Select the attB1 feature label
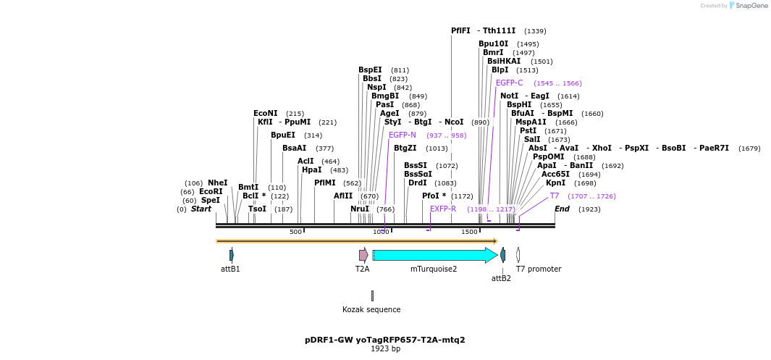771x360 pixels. pyautogui.click(x=230, y=269)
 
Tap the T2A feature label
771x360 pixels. pyautogui.click(x=362, y=269)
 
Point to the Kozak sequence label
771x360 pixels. pyautogui.click(x=371, y=309)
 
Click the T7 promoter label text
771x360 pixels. pyautogui.click(x=538, y=269)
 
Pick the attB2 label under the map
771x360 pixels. pyautogui.click(x=501, y=278)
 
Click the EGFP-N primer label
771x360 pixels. pyautogui.click(x=402, y=135)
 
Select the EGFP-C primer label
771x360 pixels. pyautogui.click(x=509, y=83)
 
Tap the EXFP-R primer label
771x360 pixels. pyautogui.click(x=443, y=209)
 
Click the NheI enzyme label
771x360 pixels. pyautogui.click(x=217, y=183)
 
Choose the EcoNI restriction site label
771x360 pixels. pyautogui.click(x=265, y=113)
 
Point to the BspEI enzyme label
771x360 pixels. pyautogui.click(x=370, y=70)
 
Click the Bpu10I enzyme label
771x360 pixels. pyautogui.click(x=493, y=43)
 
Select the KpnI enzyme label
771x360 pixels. pyautogui.click(x=555, y=183)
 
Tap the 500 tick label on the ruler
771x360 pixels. pyautogui.click(x=295, y=232)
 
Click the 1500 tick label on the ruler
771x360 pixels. pyautogui.click(x=469, y=232)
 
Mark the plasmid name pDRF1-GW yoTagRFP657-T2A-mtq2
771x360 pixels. pyautogui.click(x=385, y=339)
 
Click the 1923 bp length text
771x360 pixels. pyautogui.click(x=385, y=348)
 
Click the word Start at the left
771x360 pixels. pyautogui.click(x=201, y=209)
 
